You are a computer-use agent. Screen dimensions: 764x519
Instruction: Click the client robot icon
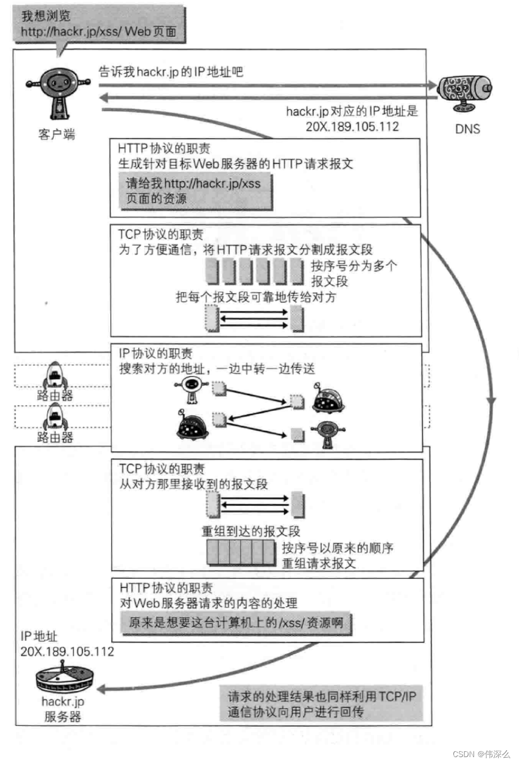pos(58,92)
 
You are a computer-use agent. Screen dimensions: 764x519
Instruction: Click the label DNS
pos(467,129)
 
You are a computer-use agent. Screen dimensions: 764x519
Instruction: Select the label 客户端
pos(57,135)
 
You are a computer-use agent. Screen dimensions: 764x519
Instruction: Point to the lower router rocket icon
pos(55,416)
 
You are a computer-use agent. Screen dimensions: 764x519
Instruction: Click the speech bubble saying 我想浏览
pos(98,24)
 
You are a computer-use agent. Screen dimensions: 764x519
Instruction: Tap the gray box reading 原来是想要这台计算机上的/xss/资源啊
pos(236,622)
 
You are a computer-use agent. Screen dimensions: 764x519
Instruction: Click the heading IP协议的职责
pos(155,353)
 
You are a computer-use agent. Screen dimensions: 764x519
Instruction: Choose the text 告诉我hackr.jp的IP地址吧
pos(171,71)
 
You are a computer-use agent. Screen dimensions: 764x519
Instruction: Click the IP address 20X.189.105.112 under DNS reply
pos(352,127)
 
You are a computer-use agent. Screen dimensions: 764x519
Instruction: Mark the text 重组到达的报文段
pos(250,531)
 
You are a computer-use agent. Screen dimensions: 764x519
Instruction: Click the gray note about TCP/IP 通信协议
pos(321,704)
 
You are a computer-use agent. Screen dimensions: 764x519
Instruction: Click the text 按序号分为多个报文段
pos(353,273)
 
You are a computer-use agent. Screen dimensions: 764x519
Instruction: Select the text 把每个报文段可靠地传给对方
pos(255,297)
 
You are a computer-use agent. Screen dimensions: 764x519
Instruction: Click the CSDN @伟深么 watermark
pos(481,754)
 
